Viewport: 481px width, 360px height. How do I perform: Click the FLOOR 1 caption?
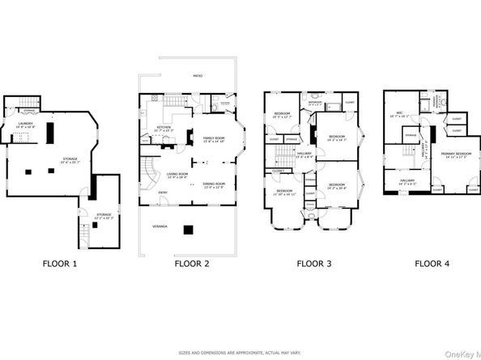tap(65, 263)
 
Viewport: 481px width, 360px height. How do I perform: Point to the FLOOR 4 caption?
tap(432, 263)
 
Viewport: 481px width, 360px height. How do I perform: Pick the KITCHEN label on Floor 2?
tap(163, 128)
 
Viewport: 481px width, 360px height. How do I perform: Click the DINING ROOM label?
tap(214, 184)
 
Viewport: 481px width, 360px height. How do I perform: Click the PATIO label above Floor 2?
tap(197, 76)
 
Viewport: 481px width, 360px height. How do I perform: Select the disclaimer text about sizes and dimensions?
tap(240, 352)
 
